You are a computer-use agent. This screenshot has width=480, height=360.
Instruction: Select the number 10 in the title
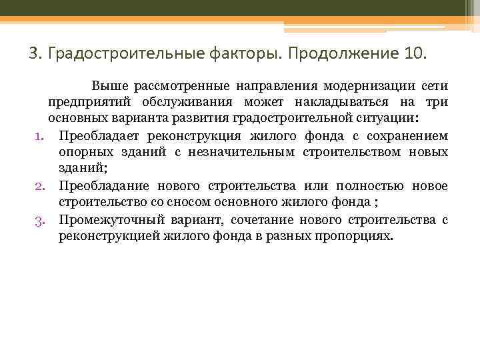(x=412, y=53)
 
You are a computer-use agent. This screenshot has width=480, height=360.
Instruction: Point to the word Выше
(x=109, y=86)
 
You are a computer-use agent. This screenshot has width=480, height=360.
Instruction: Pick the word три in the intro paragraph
(x=437, y=102)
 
